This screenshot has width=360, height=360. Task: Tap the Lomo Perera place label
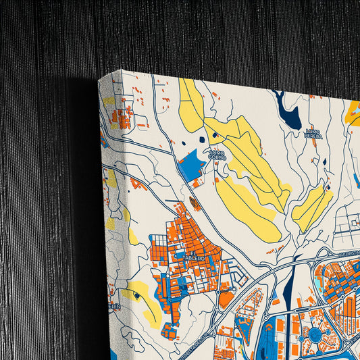click(313, 133)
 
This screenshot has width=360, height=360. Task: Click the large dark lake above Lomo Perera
click(288, 112)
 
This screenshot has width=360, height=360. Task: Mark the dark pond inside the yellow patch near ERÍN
click(137, 295)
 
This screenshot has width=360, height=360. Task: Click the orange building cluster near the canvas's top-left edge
click(121, 118)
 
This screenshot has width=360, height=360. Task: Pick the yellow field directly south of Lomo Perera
click(311, 207)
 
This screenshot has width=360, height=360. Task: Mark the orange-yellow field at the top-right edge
click(352, 113)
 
